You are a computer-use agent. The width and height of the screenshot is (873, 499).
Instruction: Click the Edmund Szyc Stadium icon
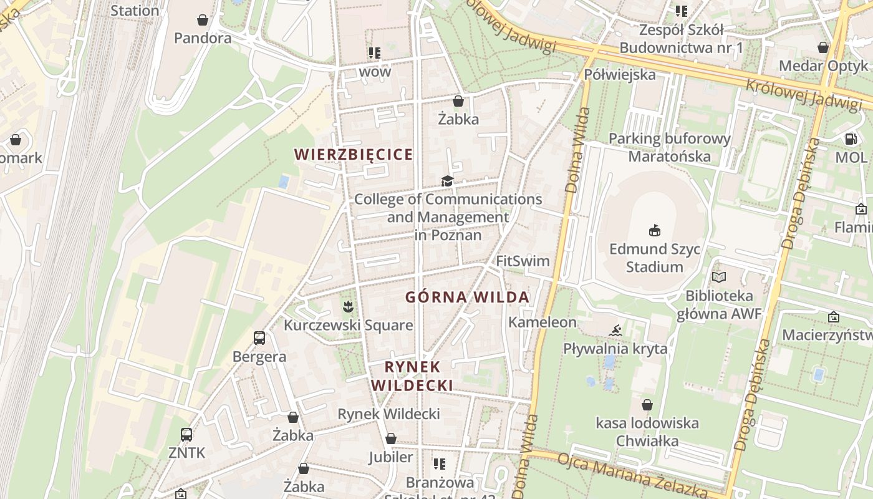pos(654,231)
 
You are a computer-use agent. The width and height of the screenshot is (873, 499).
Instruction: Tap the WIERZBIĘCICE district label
pos(354,154)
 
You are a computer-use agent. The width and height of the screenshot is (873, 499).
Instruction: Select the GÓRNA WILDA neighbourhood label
pos(468,298)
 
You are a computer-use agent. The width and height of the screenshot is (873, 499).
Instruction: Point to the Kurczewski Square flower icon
pos(348,306)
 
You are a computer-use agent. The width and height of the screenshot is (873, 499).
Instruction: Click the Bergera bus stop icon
pos(259,338)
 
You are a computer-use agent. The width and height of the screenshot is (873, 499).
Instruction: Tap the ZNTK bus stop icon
pos(186,434)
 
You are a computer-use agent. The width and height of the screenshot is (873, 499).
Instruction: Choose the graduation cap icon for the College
pos(447,181)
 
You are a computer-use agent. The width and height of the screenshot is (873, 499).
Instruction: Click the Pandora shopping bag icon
pos(203,20)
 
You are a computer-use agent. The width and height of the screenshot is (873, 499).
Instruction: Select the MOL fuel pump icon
pos(851,138)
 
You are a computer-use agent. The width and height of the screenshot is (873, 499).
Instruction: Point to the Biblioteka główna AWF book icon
pos(719,276)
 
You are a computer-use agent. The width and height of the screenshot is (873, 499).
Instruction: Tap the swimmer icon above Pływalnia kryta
pos(615,330)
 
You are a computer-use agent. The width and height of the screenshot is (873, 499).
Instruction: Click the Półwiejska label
pos(620,75)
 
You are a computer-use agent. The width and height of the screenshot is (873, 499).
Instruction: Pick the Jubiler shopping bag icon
pos(391,438)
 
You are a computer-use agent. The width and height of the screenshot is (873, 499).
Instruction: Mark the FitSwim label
pos(523,261)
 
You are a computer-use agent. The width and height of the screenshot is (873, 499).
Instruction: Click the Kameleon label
pos(543,322)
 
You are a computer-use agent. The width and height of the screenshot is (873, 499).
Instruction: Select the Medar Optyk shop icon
pos(823,47)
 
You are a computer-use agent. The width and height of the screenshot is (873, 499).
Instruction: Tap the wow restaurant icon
pos(375,52)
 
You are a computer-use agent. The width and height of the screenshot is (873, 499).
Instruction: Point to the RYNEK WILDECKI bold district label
pos(412,376)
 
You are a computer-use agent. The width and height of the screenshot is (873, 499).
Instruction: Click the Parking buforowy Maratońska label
pos(669,147)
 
